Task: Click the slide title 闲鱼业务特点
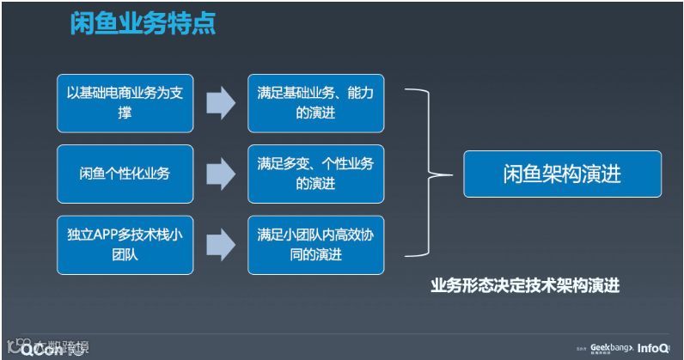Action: pos(143,23)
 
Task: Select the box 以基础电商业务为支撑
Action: pos(125,102)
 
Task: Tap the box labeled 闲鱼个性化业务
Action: pos(125,174)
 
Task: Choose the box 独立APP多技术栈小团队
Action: pos(125,244)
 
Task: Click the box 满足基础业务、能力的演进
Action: pos(315,102)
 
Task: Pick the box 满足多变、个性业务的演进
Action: pos(315,174)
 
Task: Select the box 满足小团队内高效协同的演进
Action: pos(315,244)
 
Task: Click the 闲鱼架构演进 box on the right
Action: pos(562,174)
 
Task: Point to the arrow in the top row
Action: pos(221,103)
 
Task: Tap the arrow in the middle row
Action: pos(221,174)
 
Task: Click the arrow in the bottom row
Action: pos(221,245)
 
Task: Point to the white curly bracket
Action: pos(430,173)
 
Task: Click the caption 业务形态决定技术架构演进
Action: pos(525,286)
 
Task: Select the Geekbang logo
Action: pos(611,348)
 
